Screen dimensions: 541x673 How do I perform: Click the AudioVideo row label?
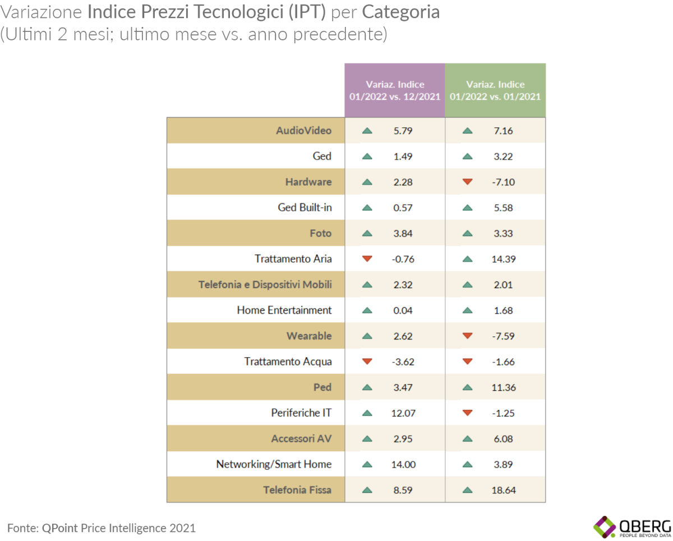303,131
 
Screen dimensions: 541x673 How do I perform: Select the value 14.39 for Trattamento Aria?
504,259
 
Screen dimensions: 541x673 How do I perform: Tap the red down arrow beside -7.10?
467,182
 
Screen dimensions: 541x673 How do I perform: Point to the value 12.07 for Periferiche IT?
403,413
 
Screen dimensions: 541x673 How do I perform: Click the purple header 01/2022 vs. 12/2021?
395,90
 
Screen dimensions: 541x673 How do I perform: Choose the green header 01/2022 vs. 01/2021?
495,90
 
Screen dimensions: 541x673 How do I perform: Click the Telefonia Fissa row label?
297,490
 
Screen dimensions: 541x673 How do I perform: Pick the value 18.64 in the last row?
504,490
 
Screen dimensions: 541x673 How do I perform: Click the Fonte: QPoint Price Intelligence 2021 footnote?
102,528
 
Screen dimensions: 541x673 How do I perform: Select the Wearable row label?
309,336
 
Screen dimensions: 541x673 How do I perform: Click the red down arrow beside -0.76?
367,259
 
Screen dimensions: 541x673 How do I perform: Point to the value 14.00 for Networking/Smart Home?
403,465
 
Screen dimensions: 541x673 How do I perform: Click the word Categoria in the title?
400,12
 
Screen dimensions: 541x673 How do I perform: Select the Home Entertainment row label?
284,311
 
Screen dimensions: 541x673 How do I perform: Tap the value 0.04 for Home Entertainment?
403,311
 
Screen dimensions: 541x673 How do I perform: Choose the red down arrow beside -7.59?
467,336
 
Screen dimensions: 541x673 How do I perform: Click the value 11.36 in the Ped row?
504,387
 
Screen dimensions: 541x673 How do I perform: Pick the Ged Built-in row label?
305,208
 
